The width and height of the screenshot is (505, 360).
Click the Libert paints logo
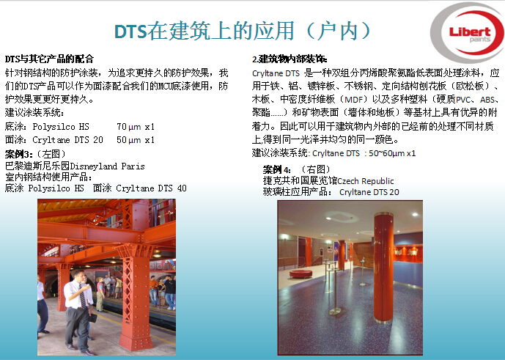pyautogui.click(x=468, y=32)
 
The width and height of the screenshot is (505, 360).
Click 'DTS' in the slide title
pyautogui.click(x=130, y=32)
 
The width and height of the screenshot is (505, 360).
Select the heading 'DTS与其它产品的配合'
pyautogui.click(x=49, y=59)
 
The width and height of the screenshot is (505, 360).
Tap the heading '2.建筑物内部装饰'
pyautogui.click(x=290, y=59)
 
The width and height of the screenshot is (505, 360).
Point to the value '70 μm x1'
pyautogui.click(x=136, y=127)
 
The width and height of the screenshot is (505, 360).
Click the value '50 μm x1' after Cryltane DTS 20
pyautogui.click(x=136, y=140)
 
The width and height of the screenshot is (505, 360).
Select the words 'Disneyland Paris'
pyautogui.click(x=108, y=166)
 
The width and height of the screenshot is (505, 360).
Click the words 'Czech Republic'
pyautogui.click(x=366, y=181)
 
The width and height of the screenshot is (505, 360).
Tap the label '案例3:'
pyautogui.click(x=19, y=154)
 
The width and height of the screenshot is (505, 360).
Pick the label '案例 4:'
pyautogui.click(x=276, y=169)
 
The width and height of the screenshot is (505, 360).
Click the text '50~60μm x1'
pyautogui.click(x=392, y=153)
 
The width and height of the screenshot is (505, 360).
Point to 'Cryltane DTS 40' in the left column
pyautogui.click(x=152, y=188)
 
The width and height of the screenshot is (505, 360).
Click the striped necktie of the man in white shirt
pyautogui.click(x=82, y=296)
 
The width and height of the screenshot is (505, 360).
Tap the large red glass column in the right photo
pyautogui.click(x=383, y=268)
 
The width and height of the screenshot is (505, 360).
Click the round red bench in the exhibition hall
pyautogui.click(x=301, y=274)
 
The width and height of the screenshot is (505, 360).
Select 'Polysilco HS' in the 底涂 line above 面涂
pyautogui.click(x=61, y=127)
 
